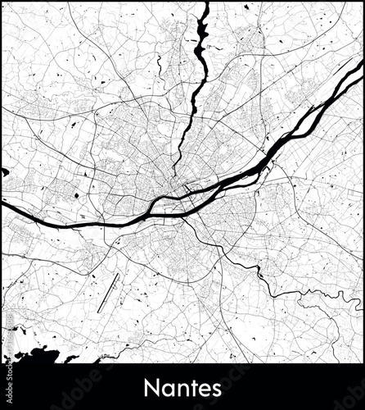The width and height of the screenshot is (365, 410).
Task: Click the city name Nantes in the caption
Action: [182, 385]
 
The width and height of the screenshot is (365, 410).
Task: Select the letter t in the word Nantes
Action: [190, 386]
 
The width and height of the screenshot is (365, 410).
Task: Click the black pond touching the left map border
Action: [5, 172]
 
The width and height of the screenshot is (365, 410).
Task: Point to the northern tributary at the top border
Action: [205, 5]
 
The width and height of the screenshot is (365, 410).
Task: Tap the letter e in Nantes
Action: [203, 387]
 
